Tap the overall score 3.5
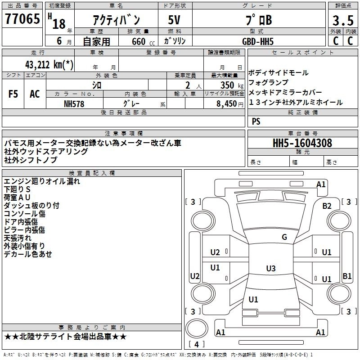[342, 21]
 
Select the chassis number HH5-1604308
[302, 144]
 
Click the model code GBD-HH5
[257, 41]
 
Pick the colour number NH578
[74, 103]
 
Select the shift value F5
[13, 94]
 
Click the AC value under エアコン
[35, 94]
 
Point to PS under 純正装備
[256, 121]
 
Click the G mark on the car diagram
[284, 237]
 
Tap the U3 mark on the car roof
[270, 269]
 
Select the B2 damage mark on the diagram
[327, 206]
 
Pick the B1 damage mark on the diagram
[347, 276]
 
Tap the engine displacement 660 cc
[139, 41]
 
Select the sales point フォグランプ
[268, 82]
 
